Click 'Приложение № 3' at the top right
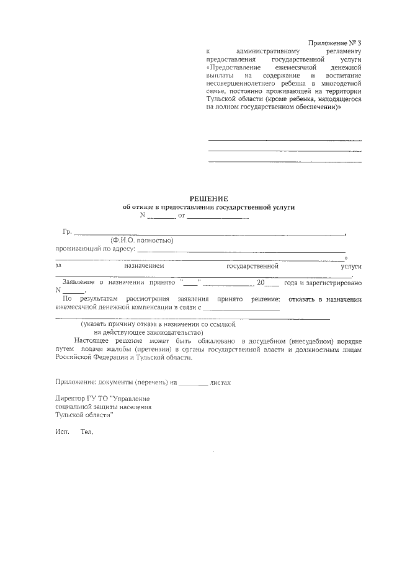click(x=334, y=43)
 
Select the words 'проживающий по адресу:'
click(x=95, y=249)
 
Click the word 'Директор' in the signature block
click(x=69, y=400)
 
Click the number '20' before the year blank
click(x=261, y=283)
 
